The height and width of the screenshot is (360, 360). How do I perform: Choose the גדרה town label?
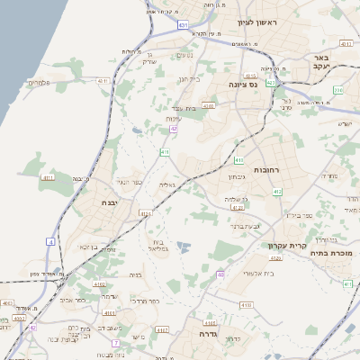point(209,332)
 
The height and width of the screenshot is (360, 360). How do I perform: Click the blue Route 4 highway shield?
point(51,242)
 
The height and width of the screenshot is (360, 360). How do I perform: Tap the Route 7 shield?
point(116,343)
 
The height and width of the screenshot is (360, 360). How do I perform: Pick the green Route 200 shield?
point(338,90)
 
